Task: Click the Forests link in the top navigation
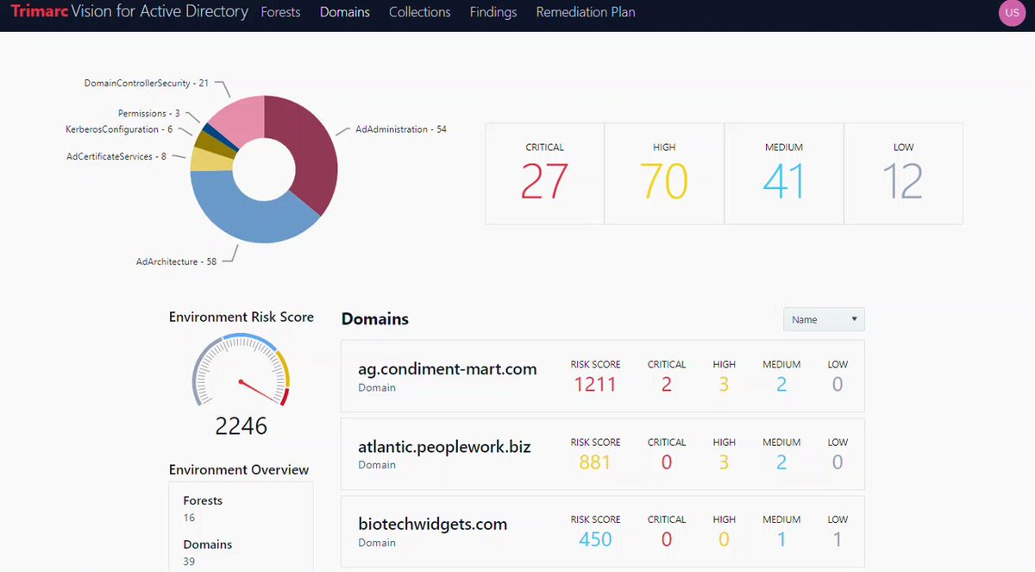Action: tap(280, 12)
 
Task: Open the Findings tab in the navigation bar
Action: tap(493, 12)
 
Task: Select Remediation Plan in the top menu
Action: tap(586, 12)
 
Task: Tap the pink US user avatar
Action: tap(1012, 12)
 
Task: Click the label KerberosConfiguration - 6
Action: tap(119, 129)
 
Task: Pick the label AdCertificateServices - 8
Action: tap(116, 157)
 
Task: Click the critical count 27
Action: tap(544, 180)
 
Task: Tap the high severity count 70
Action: tap(664, 180)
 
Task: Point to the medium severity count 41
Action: tap(784, 180)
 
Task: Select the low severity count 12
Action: tap(903, 180)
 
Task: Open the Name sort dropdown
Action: tap(824, 319)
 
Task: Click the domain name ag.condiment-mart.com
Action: tap(448, 369)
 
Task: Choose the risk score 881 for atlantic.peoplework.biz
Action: tap(595, 462)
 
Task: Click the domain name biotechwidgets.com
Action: tap(432, 524)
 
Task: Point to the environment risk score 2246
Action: tap(241, 425)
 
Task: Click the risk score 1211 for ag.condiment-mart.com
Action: tap(595, 385)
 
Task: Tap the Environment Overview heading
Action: tap(238, 470)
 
